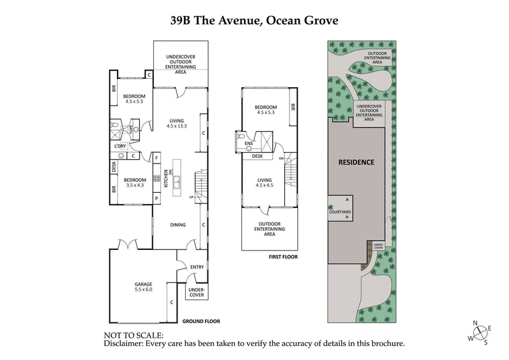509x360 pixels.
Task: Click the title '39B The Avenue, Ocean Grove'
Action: (x=254, y=20)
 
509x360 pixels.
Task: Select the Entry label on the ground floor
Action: (x=197, y=267)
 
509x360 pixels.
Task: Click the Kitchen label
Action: (x=167, y=178)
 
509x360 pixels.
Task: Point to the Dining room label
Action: (x=178, y=225)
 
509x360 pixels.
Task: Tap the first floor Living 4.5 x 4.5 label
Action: (x=264, y=183)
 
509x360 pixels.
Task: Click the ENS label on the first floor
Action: (x=248, y=144)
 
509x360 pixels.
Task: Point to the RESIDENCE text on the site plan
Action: (x=356, y=162)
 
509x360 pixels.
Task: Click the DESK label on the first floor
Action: (x=257, y=156)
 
